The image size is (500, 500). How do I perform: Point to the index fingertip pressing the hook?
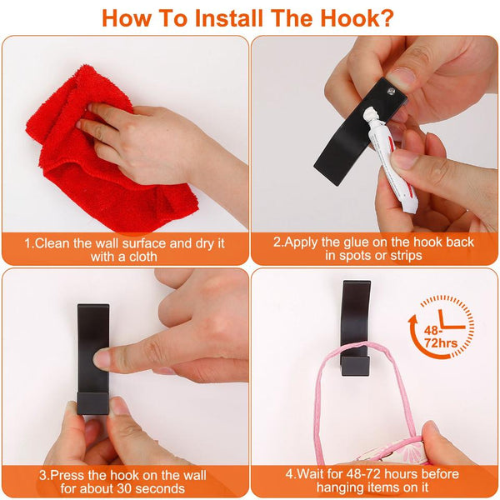(x=102, y=359)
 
